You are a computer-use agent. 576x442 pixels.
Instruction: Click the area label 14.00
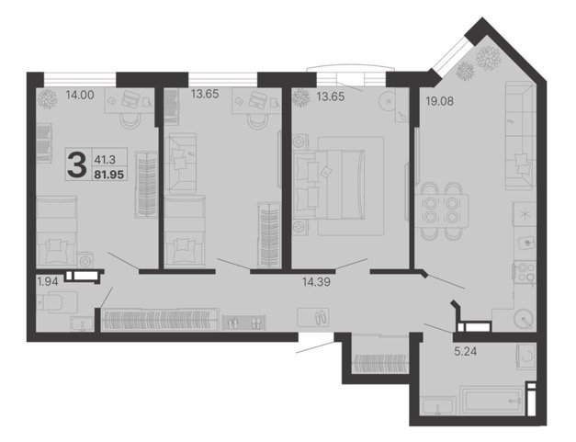pyautogui.click(x=80, y=95)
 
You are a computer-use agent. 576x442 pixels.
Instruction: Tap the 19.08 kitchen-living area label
pyautogui.click(x=439, y=101)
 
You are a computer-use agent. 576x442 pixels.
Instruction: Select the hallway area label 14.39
pyautogui.click(x=316, y=282)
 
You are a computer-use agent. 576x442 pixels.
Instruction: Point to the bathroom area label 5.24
pyautogui.click(x=466, y=352)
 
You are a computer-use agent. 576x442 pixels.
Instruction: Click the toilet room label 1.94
pyautogui.click(x=48, y=282)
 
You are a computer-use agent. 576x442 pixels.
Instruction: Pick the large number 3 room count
pyautogui.click(x=77, y=164)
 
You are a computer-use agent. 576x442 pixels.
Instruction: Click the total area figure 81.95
pyautogui.click(x=109, y=175)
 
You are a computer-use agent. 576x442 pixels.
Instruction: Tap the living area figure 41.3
pyautogui.click(x=105, y=160)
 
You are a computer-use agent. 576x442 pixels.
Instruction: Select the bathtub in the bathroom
pyautogui.click(x=491, y=401)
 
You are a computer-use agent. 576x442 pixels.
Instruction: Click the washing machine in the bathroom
pyautogui.click(x=525, y=356)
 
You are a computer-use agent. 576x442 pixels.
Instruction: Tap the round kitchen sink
pyautogui.click(x=524, y=318)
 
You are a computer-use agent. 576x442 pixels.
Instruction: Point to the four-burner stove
pyautogui.click(x=525, y=271)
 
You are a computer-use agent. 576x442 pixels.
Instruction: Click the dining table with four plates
pyautogui.click(x=441, y=211)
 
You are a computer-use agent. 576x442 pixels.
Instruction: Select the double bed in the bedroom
pyautogui.click(x=329, y=185)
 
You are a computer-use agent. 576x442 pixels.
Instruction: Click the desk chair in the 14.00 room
pyautogui.click(x=130, y=120)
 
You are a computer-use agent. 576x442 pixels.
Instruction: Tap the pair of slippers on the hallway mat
pyautogui.click(x=320, y=317)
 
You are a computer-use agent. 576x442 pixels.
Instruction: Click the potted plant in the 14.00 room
pyautogui.click(x=47, y=99)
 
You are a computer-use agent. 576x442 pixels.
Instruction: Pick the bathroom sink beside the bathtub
pyautogui.click(x=439, y=406)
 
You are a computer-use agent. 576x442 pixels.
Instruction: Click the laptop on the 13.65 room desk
pyautogui.click(x=257, y=99)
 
